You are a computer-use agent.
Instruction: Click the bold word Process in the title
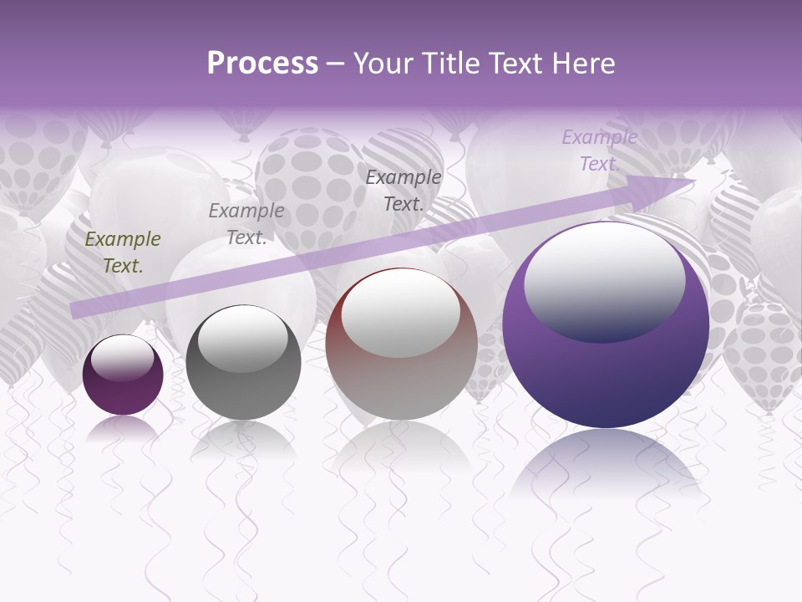[x=262, y=63]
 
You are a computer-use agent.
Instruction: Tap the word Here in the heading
[x=582, y=63]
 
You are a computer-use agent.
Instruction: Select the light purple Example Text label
[x=599, y=150]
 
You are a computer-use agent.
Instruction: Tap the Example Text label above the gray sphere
[x=246, y=224]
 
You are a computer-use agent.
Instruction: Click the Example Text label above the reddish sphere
[x=403, y=190]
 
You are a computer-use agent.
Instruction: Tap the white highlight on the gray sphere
[x=243, y=338]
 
